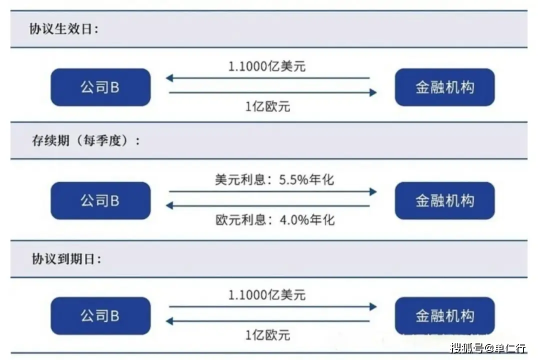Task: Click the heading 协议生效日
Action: (x=64, y=29)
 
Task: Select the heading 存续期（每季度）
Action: (x=86, y=140)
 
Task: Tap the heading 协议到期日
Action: (x=66, y=259)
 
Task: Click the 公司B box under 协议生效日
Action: (x=100, y=87)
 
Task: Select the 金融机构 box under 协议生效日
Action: (x=444, y=87)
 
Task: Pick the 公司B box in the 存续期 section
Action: (x=100, y=201)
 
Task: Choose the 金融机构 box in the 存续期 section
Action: (x=444, y=201)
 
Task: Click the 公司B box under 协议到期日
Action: (x=100, y=315)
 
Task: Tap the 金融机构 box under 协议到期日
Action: (x=444, y=315)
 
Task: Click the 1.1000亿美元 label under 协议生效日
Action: (x=267, y=66)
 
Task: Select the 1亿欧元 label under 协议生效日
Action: (x=267, y=106)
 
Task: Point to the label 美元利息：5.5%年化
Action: (x=274, y=179)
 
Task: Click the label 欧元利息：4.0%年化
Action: (x=275, y=220)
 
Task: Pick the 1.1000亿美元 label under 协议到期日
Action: (x=267, y=294)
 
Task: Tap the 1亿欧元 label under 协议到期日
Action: (x=267, y=335)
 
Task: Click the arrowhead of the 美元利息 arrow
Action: (x=373, y=191)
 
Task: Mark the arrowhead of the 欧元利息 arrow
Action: (x=169, y=206)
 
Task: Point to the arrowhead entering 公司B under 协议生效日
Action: (x=169, y=78)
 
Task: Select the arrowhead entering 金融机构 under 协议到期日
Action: (x=373, y=306)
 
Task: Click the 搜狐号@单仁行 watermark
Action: (x=488, y=348)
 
